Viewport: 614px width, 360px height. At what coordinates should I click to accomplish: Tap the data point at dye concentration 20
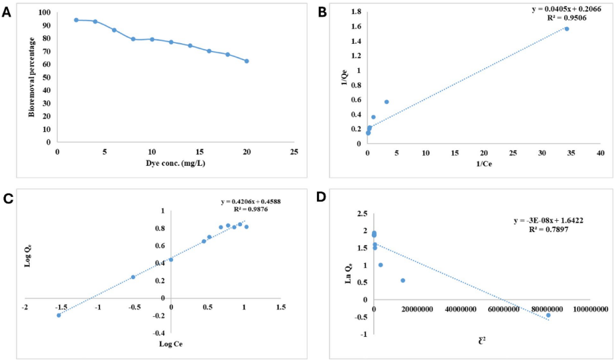coord(247,61)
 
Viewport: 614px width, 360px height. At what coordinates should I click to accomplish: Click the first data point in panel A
coord(76,20)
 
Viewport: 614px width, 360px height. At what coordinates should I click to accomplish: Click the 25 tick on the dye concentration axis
coord(294,152)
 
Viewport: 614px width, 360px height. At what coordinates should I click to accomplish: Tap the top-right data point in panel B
coord(567,29)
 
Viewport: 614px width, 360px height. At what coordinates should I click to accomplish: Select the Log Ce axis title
coord(172,343)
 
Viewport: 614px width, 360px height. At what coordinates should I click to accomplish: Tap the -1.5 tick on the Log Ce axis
coord(62,308)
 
